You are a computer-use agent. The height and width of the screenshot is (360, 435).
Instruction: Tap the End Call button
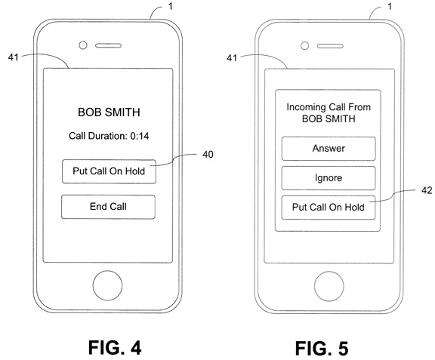pyautogui.click(x=108, y=207)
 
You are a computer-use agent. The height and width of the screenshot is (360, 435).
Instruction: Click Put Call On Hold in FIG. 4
pyautogui.click(x=109, y=171)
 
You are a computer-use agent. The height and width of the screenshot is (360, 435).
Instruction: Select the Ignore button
pyautogui.click(x=329, y=178)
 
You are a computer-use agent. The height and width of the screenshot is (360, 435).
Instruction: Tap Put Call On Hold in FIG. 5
pyautogui.click(x=329, y=208)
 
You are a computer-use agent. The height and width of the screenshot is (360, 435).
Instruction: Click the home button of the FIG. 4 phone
pyautogui.click(x=108, y=286)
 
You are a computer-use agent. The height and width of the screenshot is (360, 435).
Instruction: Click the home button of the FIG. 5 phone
pyautogui.click(x=329, y=286)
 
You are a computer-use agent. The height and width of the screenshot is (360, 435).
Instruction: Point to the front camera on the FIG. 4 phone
pyautogui.click(x=83, y=45)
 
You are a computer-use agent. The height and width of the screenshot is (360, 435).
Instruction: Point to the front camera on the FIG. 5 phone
pyautogui.click(x=304, y=46)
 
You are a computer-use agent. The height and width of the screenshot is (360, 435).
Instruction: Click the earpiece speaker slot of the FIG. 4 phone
pyautogui.click(x=108, y=45)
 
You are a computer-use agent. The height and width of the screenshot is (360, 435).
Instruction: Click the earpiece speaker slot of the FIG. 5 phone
pyautogui.click(x=330, y=46)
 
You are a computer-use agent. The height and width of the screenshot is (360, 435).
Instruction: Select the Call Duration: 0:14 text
pyautogui.click(x=109, y=136)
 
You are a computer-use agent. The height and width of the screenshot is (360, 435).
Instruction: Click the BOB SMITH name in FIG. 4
pyautogui.click(x=109, y=112)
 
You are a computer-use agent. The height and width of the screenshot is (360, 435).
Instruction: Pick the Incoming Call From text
pyautogui.click(x=329, y=107)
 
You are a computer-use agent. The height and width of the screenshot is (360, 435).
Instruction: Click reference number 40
pyautogui.click(x=208, y=155)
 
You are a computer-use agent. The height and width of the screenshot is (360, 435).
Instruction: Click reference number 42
pyautogui.click(x=427, y=190)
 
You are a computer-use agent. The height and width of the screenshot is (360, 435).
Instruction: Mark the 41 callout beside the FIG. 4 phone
pyautogui.click(x=14, y=57)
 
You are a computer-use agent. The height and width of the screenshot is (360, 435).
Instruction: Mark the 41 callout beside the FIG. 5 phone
pyautogui.click(x=232, y=58)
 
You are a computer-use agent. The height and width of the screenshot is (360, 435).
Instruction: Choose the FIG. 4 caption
pyautogui.click(x=115, y=347)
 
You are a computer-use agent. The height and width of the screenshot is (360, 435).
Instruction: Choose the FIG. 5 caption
pyautogui.click(x=322, y=349)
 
